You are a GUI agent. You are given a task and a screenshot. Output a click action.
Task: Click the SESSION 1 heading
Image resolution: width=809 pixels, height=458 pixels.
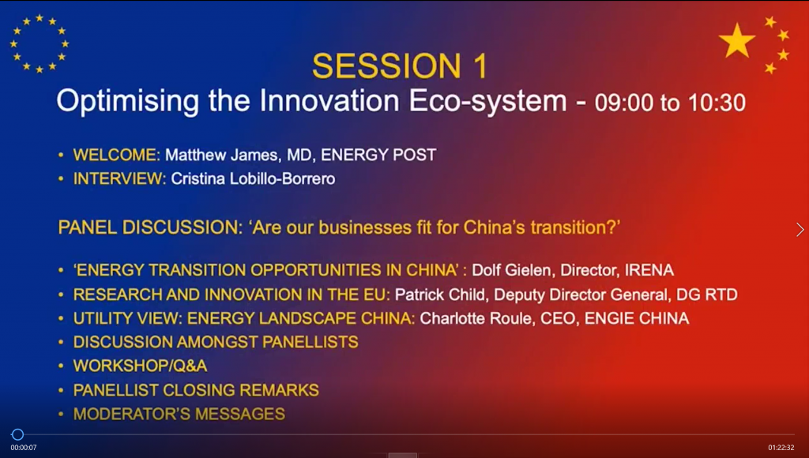(x=399, y=66)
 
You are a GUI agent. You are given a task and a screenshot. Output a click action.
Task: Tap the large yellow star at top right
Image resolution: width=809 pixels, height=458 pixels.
(x=737, y=40)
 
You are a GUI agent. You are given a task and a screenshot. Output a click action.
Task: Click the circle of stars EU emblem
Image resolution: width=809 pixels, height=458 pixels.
(x=40, y=43)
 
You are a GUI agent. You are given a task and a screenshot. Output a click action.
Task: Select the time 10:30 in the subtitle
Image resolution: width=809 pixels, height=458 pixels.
(x=717, y=103)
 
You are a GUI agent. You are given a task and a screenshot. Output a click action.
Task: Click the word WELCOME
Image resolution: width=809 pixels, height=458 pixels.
(x=117, y=155)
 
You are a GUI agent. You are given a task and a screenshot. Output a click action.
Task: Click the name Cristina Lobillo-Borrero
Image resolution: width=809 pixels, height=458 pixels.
(x=253, y=178)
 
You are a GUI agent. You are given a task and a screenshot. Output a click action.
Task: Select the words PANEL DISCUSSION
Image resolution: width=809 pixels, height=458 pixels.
(x=149, y=227)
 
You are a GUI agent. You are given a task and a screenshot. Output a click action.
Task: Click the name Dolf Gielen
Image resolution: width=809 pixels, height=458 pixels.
(x=511, y=270)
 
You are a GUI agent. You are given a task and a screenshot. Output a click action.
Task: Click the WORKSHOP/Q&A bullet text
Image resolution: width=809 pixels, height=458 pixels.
(x=140, y=366)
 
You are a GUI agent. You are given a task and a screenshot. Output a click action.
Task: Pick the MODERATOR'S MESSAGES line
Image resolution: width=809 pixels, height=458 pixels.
(x=179, y=414)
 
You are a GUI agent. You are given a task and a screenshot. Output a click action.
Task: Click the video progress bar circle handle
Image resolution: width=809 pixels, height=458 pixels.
(x=17, y=434)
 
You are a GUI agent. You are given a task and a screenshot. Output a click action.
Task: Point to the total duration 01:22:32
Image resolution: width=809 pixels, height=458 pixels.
(x=781, y=448)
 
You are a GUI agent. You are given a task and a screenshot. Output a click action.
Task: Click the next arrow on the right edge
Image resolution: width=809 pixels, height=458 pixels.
(x=800, y=230)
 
